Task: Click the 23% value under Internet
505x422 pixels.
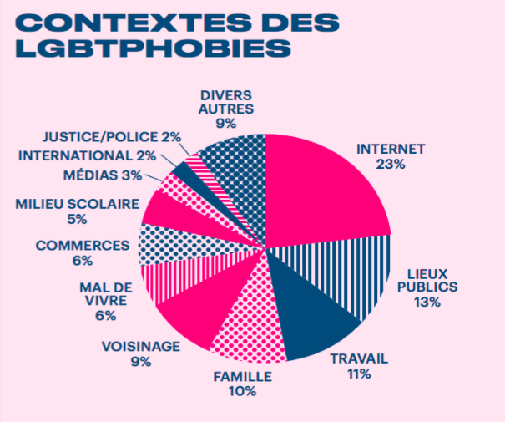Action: [x=391, y=165]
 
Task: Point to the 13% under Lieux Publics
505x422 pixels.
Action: [x=427, y=303]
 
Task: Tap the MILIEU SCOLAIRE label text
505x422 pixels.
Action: [x=76, y=204]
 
